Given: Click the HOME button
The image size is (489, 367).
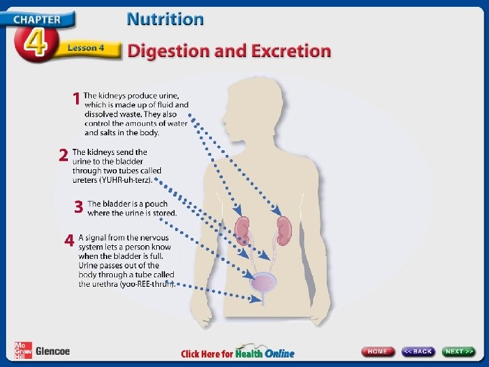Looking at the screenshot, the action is point(378,351).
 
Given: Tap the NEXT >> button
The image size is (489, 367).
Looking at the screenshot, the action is point(460,351).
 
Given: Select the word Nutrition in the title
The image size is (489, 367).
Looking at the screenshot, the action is point(165,19).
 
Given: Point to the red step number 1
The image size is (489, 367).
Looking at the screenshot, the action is point(76,99).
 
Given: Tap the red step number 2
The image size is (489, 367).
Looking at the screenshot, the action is point(62,156).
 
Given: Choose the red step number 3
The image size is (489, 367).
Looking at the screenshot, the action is point(79,207).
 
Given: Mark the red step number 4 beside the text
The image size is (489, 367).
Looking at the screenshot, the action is point(69,241).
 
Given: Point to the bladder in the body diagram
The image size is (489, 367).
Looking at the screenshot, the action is point(262,282).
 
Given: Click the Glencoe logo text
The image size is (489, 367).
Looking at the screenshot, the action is point(52,351).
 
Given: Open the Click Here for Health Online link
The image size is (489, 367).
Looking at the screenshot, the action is point(237,353).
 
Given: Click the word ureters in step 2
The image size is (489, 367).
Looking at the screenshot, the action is point(86,180).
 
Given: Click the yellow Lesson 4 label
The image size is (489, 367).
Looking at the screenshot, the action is point(86,48).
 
